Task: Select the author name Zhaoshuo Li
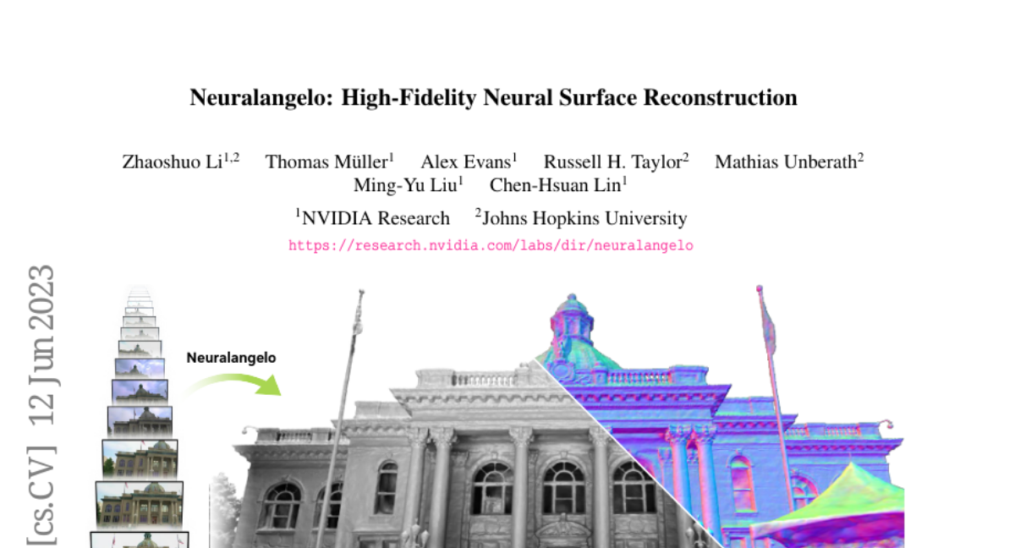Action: [x=173, y=162]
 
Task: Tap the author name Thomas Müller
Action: [x=326, y=162]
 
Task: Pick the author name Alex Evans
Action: [x=466, y=162]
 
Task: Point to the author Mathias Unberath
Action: [x=786, y=162]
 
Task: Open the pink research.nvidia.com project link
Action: [x=491, y=246]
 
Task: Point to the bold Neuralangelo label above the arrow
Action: [x=231, y=358]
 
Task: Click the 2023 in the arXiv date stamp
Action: [x=41, y=298]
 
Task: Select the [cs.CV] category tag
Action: [x=41, y=495]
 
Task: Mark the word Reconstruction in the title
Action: [x=720, y=97]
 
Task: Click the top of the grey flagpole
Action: [x=361, y=291]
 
